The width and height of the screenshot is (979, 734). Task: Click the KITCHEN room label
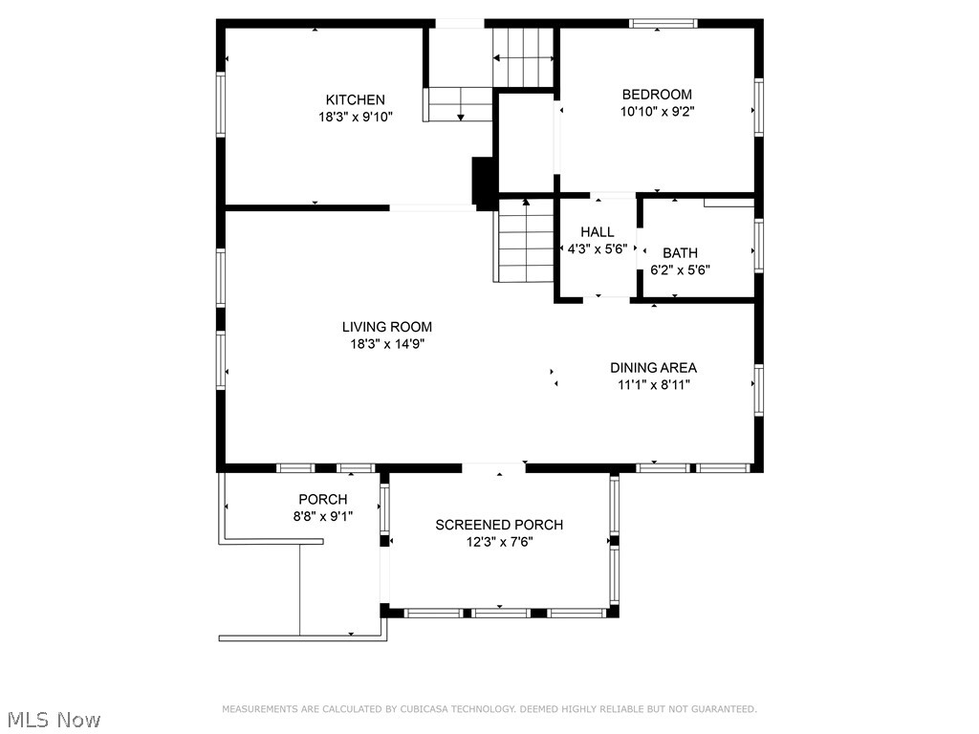pos(356,99)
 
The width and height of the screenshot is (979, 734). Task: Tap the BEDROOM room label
pos(657,95)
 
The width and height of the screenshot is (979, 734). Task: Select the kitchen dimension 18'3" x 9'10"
pos(356,117)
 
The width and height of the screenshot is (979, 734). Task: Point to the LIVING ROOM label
pos(387,327)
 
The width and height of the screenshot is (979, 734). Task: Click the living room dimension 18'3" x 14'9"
pos(387,343)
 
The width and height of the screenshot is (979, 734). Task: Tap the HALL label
pos(598,232)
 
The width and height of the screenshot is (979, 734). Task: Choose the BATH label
pos(680,252)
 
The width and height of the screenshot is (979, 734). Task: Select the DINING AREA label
pos(654,368)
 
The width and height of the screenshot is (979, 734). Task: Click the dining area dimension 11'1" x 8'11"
pos(654,384)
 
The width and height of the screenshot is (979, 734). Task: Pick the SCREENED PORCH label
pos(499,525)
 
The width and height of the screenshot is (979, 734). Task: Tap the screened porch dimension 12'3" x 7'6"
pos(499,542)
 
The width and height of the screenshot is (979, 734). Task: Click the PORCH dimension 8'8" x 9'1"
pos(323,516)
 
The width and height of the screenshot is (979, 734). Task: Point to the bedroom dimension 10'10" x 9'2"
pos(657,112)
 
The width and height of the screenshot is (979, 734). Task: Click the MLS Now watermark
pos(54,720)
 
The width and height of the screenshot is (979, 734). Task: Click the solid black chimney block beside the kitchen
pos(485,183)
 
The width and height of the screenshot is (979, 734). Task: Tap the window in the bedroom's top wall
pos(663,24)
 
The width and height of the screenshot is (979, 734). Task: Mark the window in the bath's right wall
pos(758,246)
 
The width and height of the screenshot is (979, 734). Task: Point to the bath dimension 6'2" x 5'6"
pos(680,270)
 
